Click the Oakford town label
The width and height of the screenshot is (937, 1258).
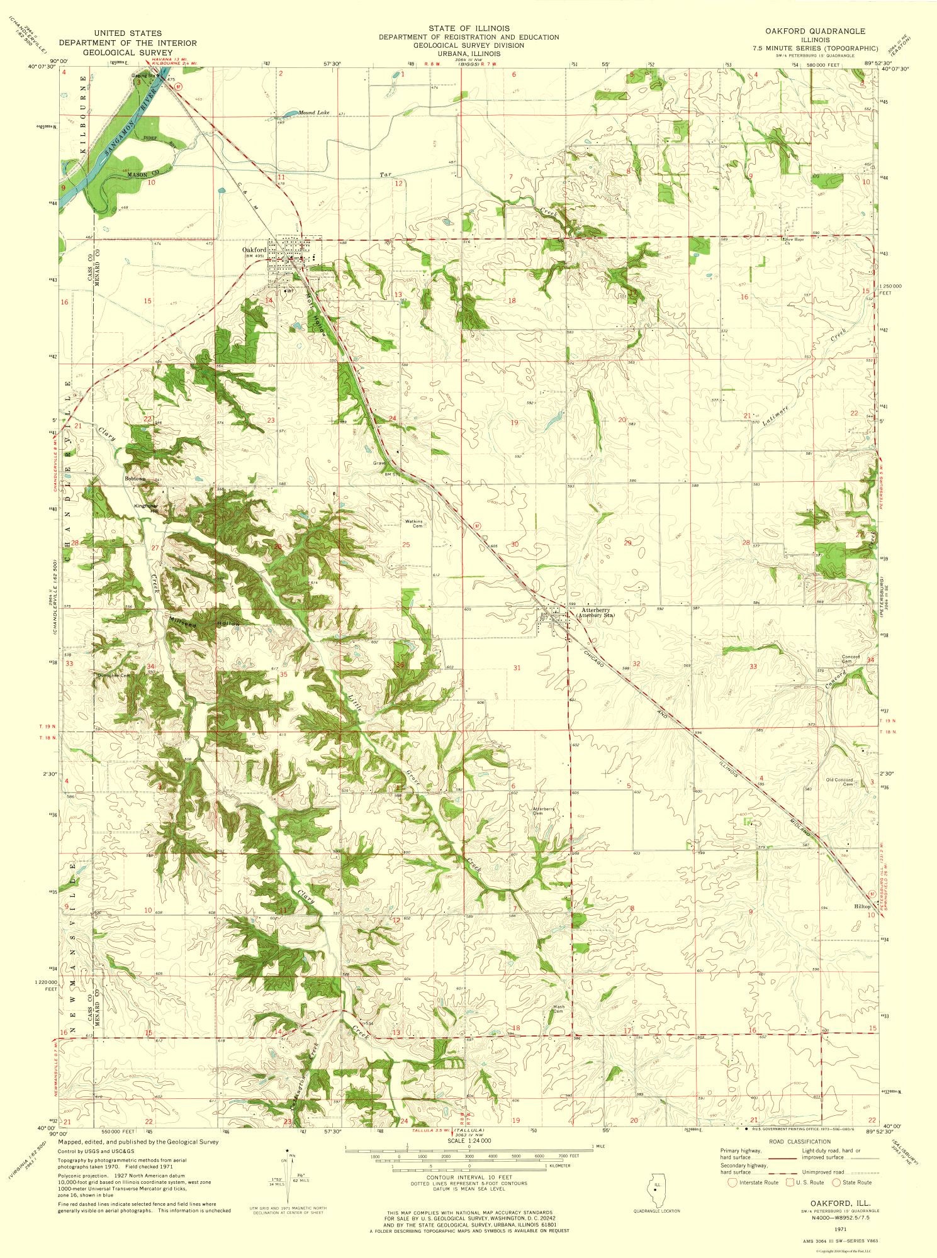[x=254, y=250]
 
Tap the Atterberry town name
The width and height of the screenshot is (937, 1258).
[x=595, y=610]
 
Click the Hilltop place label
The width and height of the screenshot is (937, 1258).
[x=862, y=906]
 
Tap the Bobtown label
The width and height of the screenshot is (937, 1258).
[x=135, y=479]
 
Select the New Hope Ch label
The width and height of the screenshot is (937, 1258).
[x=795, y=242]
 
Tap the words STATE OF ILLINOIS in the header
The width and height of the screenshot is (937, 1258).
[x=468, y=28]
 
